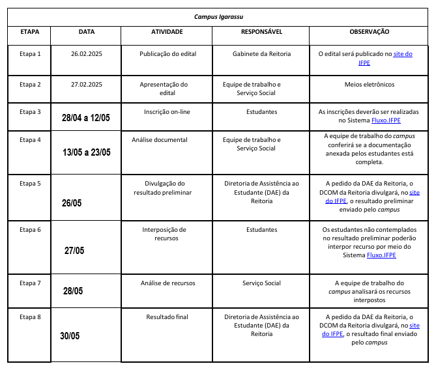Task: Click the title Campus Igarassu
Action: (x=218, y=16)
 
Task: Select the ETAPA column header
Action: (x=29, y=31)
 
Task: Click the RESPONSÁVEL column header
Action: (x=261, y=31)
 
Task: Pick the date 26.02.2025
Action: (x=87, y=53)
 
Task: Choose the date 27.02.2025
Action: (x=87, y=84)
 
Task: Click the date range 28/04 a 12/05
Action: (x=86, y=118)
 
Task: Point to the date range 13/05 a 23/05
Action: (x=87, y=152)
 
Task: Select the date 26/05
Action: (x=72, y=203)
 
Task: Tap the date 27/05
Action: (x=74, y=251)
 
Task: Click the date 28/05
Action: (x=73, y=291)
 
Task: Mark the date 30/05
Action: (x=70, y=336)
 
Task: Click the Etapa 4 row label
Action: (x=30, y=140)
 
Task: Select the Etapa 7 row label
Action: (x=30, y=283)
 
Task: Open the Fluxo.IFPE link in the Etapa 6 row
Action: (x=381, y=255)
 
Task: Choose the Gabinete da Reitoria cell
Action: (x=261, y=53)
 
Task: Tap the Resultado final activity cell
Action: (x=167, y=317)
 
